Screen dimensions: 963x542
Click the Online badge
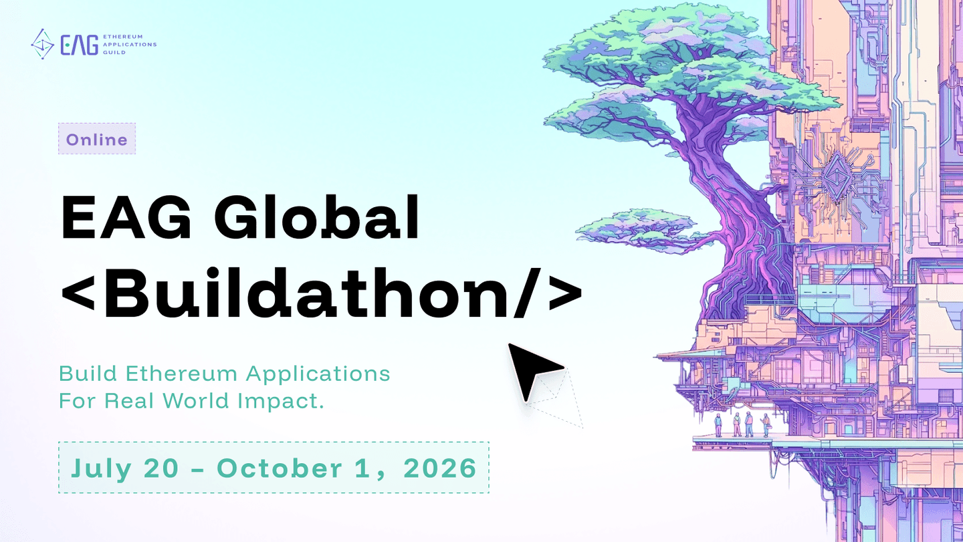tap(97, 139)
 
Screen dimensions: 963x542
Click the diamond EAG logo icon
tap(43, 44)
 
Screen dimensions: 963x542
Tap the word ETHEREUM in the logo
tap(123, 37)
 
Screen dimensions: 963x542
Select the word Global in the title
tap(316, 217)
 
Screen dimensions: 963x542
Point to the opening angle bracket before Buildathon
tap(78, 294)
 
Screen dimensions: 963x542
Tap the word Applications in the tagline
tap(318, 374)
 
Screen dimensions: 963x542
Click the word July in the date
tap(101, 468)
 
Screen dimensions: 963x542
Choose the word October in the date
tap(280, 468)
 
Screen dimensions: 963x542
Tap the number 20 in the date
tap(161, 468)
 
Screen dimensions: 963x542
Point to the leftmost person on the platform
tap(718, 425)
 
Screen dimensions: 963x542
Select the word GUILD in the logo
tap(114, 52)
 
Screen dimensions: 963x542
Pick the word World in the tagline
tap(195, 401)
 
